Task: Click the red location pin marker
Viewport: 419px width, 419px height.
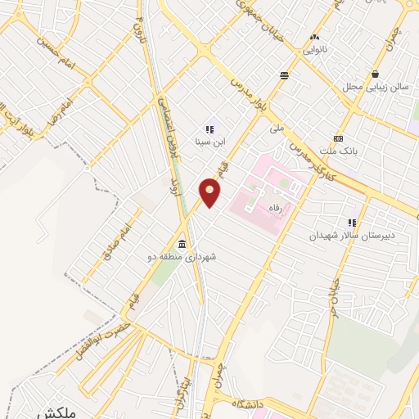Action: (x=210, y=191)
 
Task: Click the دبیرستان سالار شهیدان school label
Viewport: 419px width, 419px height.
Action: (x=352, y=235)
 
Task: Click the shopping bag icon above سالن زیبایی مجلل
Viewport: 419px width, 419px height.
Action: (x=374, y=74)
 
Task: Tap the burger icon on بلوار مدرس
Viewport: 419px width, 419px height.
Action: (x=283, y=75)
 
